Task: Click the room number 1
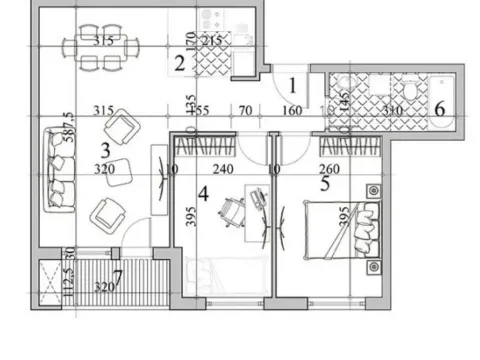click(293, 86)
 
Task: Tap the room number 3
click(105, 150)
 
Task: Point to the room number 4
click(203, 194)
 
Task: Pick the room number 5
click(325, 182)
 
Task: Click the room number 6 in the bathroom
click(439, 108)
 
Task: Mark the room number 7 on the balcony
click(117, 276)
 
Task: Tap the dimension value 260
click(331, 170)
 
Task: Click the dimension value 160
click(291, 110)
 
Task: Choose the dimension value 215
click(212, 41)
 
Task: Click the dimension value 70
click(242, 110)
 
